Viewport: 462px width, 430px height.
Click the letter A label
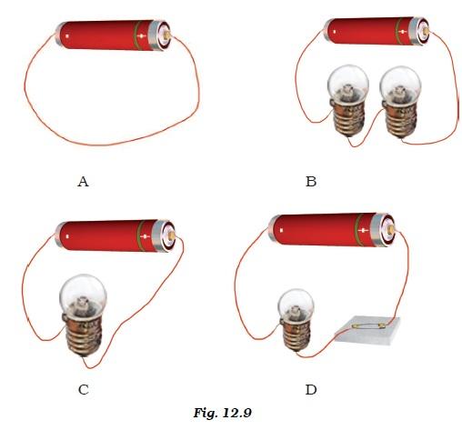83,182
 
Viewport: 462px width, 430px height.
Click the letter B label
311,182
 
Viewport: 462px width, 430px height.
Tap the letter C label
84,390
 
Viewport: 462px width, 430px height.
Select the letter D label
311,390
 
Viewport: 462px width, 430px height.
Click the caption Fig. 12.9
223,413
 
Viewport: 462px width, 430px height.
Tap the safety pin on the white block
368,326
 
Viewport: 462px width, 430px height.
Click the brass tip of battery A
167,35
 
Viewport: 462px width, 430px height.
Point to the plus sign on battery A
142,36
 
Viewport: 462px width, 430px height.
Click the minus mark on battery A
67,36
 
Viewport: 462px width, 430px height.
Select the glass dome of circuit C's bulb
83,294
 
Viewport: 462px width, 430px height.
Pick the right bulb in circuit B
400,102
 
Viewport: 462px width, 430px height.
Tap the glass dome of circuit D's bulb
296,305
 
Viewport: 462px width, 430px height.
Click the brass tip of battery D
391,229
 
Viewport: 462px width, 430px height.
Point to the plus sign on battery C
146,236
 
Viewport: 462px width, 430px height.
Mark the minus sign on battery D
281,231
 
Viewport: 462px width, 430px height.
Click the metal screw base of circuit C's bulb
83,335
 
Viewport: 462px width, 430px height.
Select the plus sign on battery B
402,32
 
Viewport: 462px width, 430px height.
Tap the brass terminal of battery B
426,31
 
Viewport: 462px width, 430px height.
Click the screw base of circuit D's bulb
296,336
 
